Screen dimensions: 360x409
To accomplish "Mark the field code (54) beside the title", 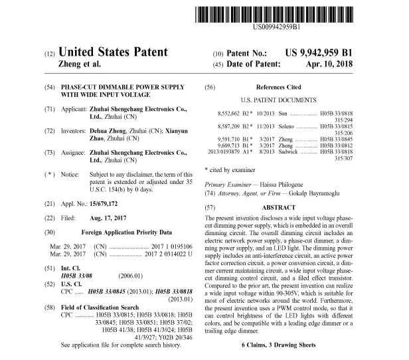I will [x=48, y=88].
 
